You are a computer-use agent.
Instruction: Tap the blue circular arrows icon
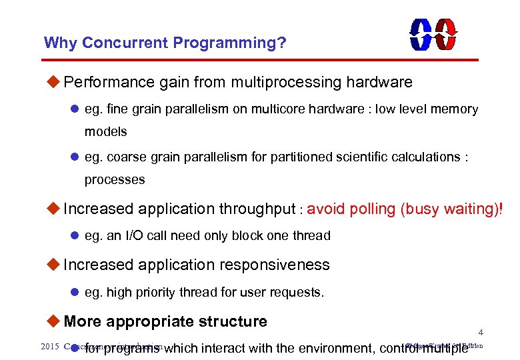421,33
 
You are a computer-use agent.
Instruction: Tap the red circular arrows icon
445,33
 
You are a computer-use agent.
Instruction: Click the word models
105,131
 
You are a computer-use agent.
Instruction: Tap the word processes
114,179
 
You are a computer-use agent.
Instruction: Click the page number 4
481,332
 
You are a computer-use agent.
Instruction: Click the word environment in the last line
329,348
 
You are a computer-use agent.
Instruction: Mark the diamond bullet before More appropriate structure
54,321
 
